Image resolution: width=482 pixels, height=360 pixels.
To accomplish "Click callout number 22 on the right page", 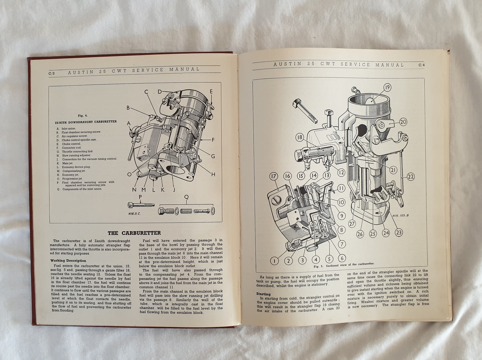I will click(411, 177).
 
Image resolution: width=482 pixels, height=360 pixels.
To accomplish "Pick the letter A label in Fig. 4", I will click(129, 122).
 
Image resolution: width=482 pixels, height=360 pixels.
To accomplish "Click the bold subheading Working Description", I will click(68, 261).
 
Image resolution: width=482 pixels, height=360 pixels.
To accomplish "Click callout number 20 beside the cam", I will click(403, 122).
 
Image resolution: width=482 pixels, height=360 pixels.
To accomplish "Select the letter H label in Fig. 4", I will click(213, 174).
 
